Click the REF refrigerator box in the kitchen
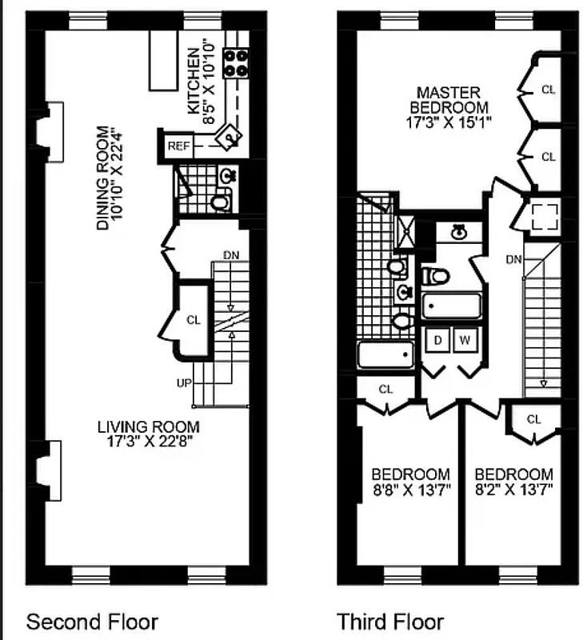(176, 147)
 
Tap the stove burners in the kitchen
(236, 62)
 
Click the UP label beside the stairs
(184, 383)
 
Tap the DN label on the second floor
(231, 255)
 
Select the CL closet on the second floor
(192, 320)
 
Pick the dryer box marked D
(437, 340)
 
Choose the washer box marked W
(465, 340)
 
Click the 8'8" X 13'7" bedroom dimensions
(409, 489)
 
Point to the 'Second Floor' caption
(93, 622)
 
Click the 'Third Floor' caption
(390, 622)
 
